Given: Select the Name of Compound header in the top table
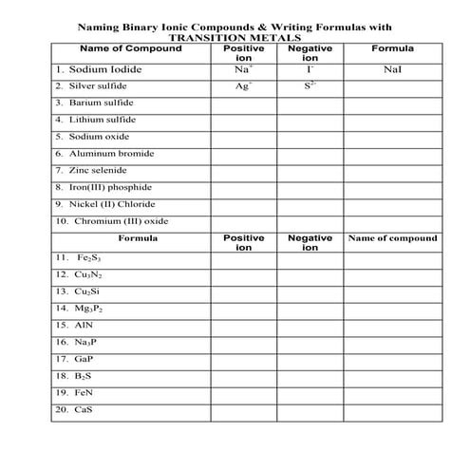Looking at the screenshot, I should click(x=130, y=48).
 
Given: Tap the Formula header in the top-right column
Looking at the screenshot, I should click(x=392, y=48).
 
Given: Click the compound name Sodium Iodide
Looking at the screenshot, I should click(x=103, y=69).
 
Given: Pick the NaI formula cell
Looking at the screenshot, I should click(x=392, y=69).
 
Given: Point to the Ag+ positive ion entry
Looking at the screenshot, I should click(x=244, y=85).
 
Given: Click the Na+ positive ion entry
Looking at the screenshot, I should click(x=244, y=69).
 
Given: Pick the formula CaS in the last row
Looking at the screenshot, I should click(x=85, y=410).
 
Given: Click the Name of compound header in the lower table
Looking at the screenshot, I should click(x=392, y=238).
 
